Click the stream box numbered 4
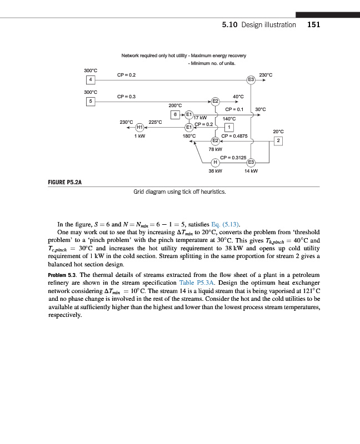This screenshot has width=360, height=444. click(x=89, y=80)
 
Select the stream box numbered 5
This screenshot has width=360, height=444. click(x=89, y=101)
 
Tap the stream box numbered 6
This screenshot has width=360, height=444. click(x=176, y=114)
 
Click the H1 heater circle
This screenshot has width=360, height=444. click(x=140, y=127)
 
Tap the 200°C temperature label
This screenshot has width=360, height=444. click(x=176, y=104)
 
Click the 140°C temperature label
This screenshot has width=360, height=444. click(x=229, y=118)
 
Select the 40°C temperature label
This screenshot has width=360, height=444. click(x=238, y=97)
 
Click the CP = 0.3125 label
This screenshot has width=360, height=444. click(x=233, y=157)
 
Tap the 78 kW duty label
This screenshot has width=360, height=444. click(x=215, y=149)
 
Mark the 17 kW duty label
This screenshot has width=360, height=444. click(x=200, y=118)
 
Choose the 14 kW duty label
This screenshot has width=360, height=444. click(x=251, y=171)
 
